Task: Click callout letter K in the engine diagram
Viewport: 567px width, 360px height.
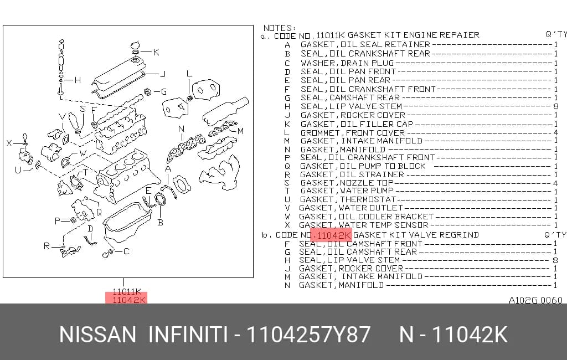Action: point(156,52)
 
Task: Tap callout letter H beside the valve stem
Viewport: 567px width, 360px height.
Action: point(78,80)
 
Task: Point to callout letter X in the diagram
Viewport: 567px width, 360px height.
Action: point(9,143)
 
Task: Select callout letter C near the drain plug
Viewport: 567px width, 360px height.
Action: point(126,251)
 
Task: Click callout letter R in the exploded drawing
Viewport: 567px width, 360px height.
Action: point(47,246)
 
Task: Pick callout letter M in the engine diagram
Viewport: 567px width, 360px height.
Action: point(240,131)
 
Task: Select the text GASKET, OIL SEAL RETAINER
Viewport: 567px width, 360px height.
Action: point(365,44)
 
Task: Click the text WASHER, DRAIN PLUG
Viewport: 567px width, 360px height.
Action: point(347,63)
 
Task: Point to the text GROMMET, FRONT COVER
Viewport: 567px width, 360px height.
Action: point(353,133)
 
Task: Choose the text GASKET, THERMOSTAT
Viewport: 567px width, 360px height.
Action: point(348,199)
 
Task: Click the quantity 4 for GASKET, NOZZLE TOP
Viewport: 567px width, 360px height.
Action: point(555,183)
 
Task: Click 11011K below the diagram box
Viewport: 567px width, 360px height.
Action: point(127,292)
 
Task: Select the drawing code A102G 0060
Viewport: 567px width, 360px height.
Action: point(535,300)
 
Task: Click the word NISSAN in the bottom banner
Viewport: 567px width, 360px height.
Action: point(97,335)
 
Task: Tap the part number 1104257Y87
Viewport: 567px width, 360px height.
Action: point(308,335)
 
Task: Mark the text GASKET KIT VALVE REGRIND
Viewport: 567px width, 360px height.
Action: point(416,235)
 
